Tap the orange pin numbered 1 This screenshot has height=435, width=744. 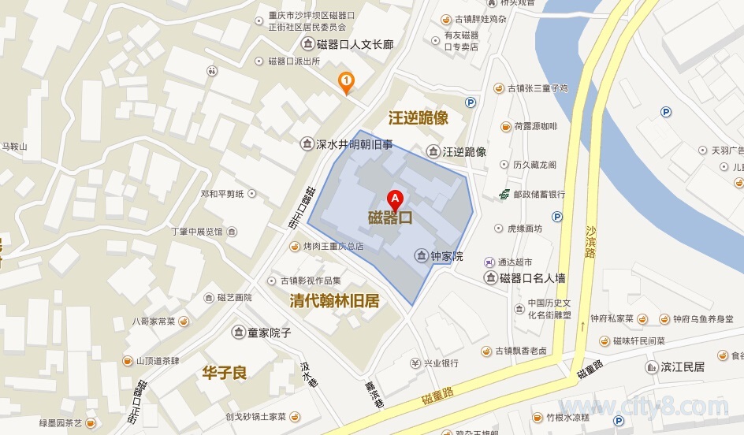pyautogui.click(x=345, y=81)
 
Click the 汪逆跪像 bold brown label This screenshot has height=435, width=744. pyautogui.click(x=418, y=118)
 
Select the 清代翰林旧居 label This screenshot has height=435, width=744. pyautogui.click(x=335, y=301)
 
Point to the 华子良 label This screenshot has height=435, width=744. pyautogui.click(x=225, y=372)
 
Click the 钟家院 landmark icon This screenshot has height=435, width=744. pyautogui.click(x=422, y=256)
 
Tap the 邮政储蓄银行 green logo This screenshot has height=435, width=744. pyautogui.click(x=504, y=194)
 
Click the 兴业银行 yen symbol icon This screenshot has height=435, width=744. pyautogui.click(x=415, y=363)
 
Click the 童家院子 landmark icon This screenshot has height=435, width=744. pyautogui.click(x=237, y=333)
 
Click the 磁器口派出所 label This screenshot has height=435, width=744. pyautogui.click(x=293, y=61)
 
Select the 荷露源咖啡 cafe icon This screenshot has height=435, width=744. pyautogui.click(x=505, y=126)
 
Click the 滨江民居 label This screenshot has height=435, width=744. pyautogui.click(x=683, y=366)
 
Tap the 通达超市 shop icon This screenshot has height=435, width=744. pyautogui.click(x=489, y=262)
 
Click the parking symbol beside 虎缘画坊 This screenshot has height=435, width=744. pyautogui.click(x=557, y=217)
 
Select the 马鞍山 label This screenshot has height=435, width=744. pyautogui.click(x=14, y=147)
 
